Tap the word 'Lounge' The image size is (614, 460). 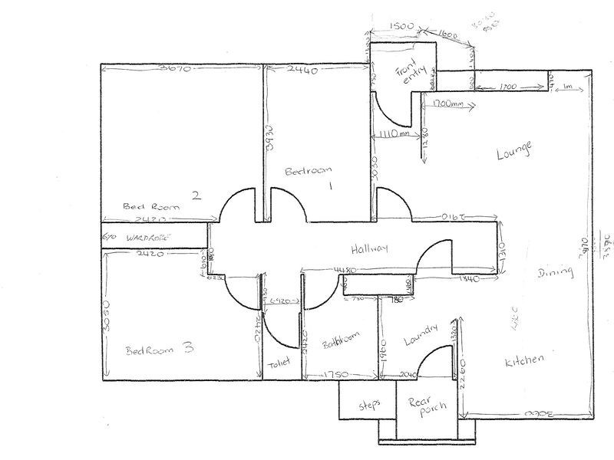[513, 150]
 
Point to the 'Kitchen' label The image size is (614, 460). [525, 359]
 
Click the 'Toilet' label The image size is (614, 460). [276, 366]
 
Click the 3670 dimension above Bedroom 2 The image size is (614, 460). [173, 67]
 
